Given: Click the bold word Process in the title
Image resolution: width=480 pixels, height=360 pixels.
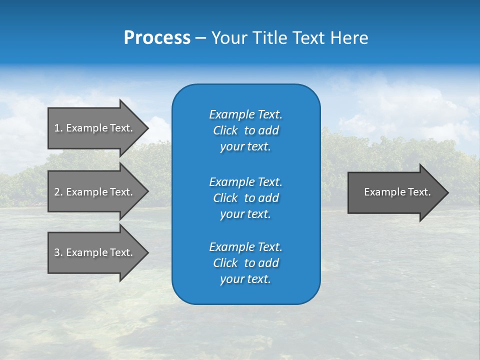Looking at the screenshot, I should pyautogui.click(x=157, y=38).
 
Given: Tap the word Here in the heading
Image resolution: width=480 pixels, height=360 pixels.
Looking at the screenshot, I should pyautogui.click(x=349, y=38).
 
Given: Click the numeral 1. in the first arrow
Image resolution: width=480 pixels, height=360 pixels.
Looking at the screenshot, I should pyautogui.click(x=58, y=128).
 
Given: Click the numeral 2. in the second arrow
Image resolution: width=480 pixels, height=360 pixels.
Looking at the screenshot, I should pyautogui.click(x=58, y=192).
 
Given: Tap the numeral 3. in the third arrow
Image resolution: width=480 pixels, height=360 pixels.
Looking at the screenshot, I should pyautogui.click(x=58, y=252).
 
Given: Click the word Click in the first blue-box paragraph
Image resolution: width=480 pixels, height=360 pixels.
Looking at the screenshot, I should pyautogui.click(x=225, y=130).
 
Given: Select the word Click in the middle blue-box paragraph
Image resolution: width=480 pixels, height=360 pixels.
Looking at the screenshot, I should pyautogui.click(x=225, y=198).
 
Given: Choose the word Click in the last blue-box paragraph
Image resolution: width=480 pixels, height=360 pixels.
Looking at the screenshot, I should pyautogui.click(x=225, y=263).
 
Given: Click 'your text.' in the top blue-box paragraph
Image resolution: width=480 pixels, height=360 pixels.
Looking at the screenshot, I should pyautogui.click(x=245, y=146).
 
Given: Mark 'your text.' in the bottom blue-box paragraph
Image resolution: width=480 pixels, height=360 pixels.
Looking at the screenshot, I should pyautogui.click(x=245, y=279).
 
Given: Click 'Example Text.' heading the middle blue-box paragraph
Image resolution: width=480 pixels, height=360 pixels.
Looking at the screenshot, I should pyautogui.click(x=245, y=182).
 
